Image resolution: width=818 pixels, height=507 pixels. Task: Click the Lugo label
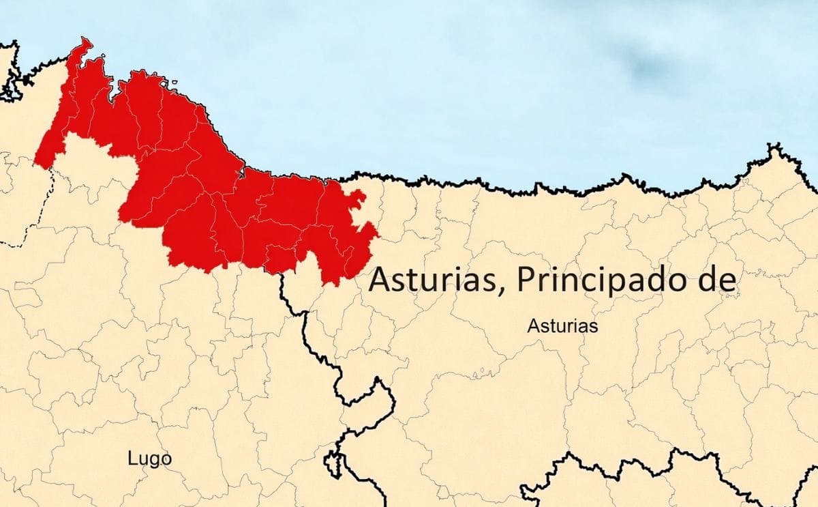coord(149,459)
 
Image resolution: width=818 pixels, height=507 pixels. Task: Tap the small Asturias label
coord(562,326)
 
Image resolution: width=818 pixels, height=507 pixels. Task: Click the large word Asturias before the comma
coord(434,279)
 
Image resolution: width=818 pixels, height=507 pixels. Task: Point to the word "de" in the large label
coord(718,279)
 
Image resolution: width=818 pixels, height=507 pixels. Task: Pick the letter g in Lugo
coord(153,461)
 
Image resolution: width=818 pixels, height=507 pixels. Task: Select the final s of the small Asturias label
coord(594,327)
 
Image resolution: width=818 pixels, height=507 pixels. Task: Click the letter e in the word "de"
coord(727,280)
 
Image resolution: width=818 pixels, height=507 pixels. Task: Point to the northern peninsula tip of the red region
coord(86,42)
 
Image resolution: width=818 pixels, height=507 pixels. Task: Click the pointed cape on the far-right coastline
coord(773,147)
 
